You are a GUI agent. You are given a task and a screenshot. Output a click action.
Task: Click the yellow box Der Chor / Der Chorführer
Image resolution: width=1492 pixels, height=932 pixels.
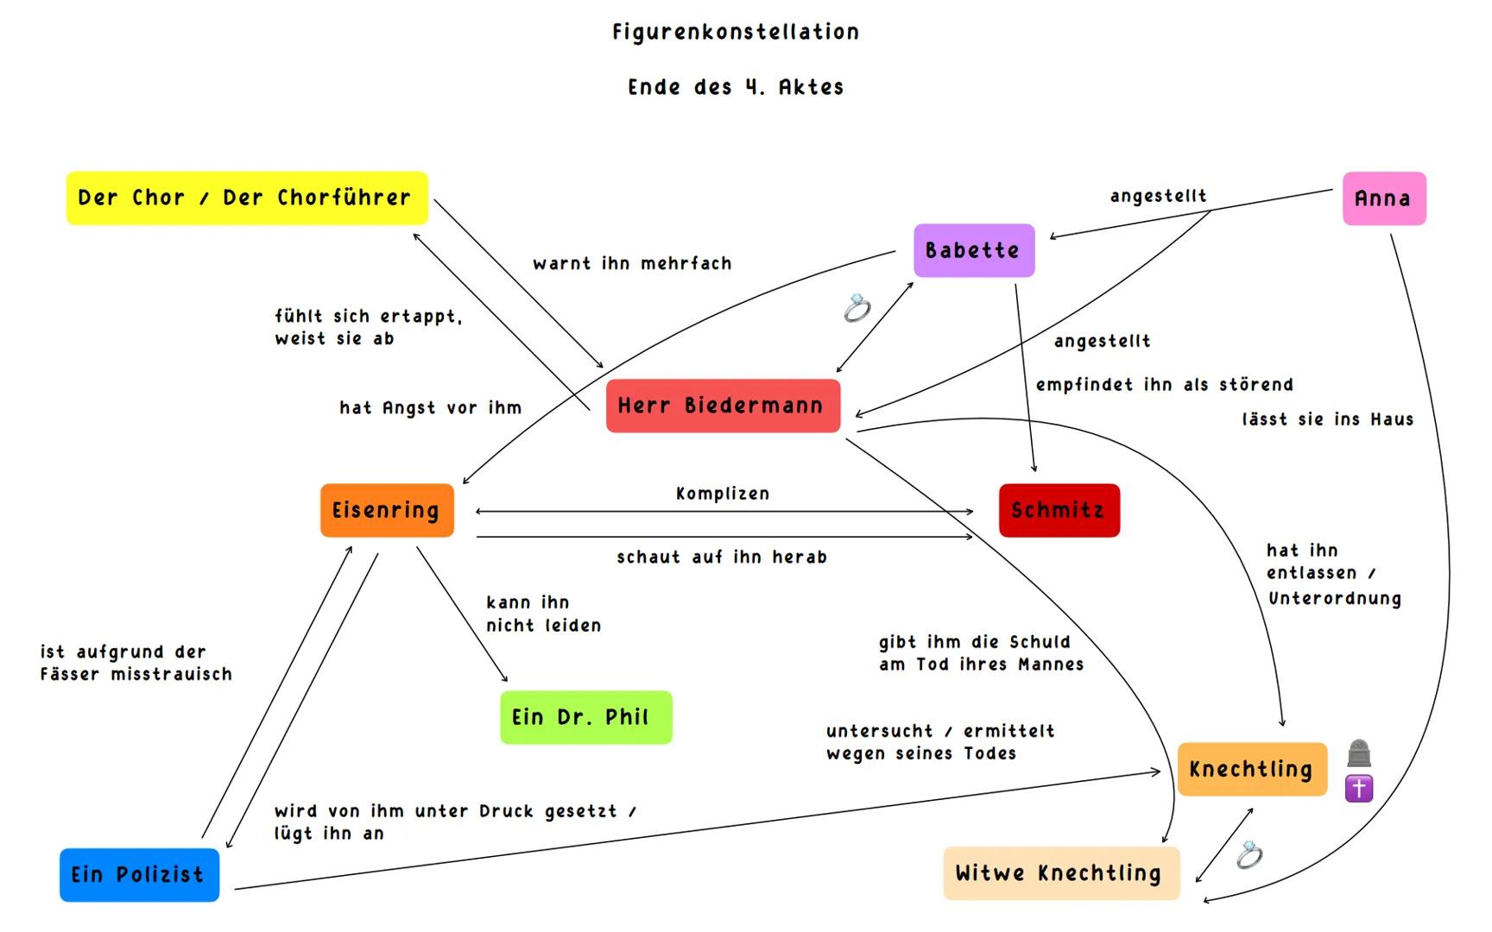[247, 198]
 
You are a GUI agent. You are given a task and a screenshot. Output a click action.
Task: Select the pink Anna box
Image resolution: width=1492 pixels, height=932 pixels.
[1384, 198]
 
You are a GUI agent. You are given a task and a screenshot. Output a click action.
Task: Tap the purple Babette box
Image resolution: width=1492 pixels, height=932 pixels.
[973, 250]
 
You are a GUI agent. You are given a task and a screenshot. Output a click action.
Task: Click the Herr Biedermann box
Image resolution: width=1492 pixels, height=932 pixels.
[723, 406]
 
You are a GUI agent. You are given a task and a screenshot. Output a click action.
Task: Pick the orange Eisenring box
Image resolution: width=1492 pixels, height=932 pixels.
[387, 510]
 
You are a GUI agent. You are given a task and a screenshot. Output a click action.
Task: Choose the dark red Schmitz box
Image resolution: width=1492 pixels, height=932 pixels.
[1059, 510]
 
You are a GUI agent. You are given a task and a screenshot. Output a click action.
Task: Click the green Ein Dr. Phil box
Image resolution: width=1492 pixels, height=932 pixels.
[585, 717]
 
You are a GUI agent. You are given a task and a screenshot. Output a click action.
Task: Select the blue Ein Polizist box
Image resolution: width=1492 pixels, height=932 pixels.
[139, 874]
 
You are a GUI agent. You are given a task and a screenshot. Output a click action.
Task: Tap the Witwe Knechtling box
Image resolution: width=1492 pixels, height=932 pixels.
[1060, 873]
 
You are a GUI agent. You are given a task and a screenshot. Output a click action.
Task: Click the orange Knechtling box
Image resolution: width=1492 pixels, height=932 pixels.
[1251, 769]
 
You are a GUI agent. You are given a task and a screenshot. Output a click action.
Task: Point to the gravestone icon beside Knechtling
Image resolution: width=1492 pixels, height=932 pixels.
[1359, 753]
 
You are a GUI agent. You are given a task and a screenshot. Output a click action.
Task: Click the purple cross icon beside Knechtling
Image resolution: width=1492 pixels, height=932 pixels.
[1359, 788]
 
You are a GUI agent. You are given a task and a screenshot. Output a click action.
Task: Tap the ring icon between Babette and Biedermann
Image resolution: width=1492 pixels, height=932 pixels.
[857, 308]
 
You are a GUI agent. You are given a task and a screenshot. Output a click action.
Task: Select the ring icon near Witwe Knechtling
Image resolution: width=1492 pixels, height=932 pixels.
[1249, 855]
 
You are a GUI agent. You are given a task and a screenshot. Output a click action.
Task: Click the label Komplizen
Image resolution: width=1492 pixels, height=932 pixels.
[723, 494]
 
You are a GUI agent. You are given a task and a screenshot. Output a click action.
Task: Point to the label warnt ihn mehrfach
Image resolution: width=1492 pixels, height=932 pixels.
[632, 263]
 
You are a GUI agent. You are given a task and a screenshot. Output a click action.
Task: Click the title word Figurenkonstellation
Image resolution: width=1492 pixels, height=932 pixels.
[736, 33]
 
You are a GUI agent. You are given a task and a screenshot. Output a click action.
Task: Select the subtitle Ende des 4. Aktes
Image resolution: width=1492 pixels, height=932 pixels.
[736, 87]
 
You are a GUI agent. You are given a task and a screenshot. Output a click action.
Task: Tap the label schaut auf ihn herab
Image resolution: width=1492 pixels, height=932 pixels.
[722, 557]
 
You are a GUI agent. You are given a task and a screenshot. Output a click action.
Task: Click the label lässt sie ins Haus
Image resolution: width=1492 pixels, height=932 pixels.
[1328, 419]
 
